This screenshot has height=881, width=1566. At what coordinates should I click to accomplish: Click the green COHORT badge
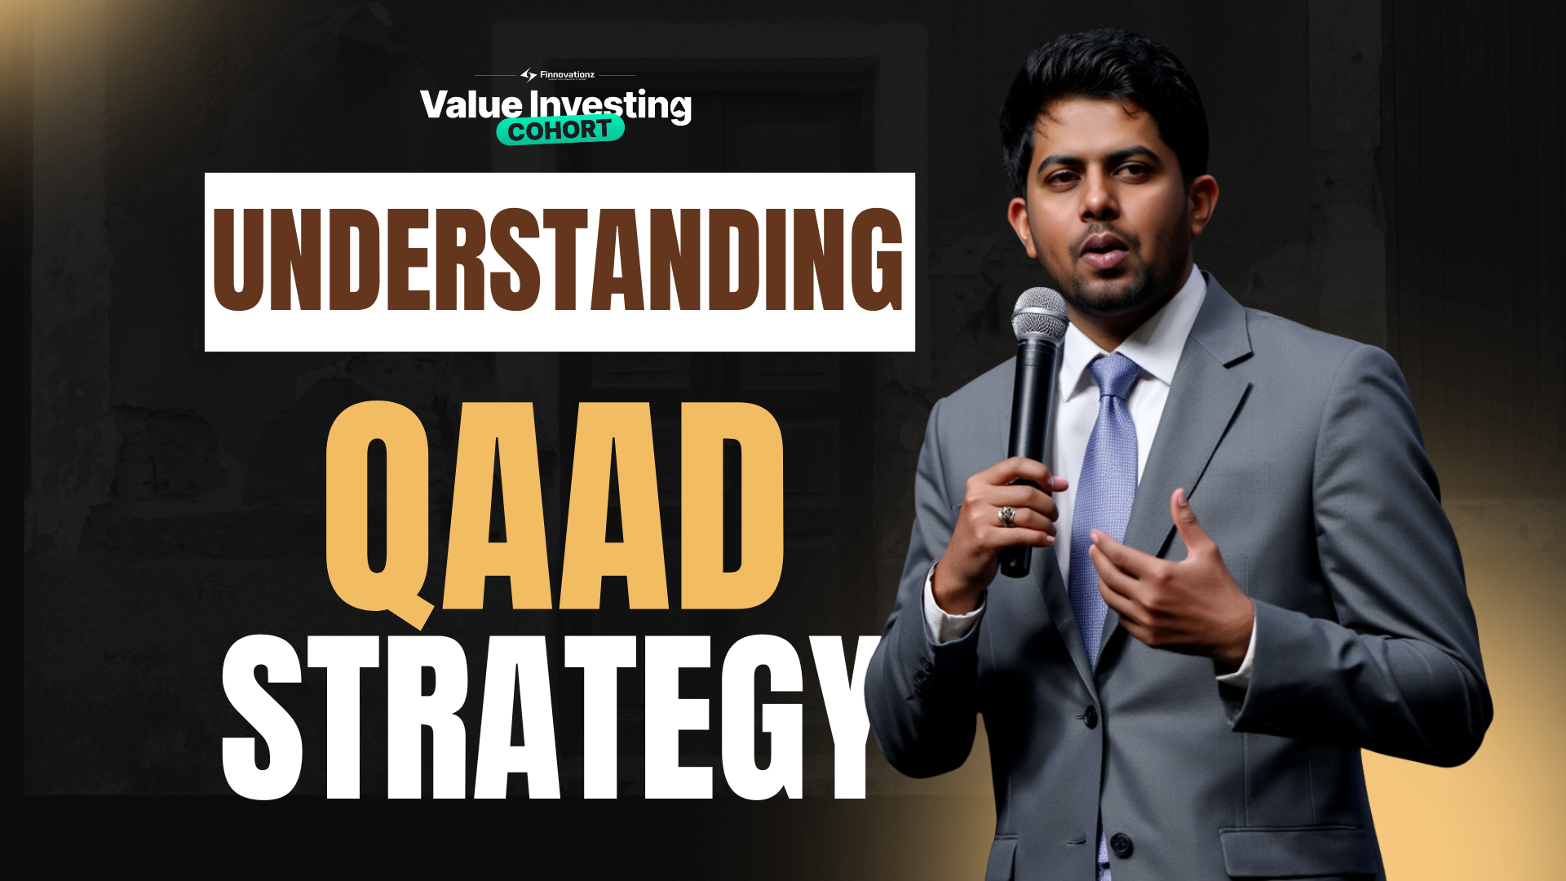point(560,131)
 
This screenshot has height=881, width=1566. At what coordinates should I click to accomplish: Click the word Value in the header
point(471,105)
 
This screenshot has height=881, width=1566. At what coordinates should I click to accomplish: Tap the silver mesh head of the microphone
point(1039,315)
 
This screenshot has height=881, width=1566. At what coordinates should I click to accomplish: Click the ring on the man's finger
point(1007,516)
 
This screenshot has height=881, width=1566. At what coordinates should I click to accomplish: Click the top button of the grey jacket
point(1090,717)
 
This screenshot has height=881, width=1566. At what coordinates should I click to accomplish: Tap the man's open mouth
point(1104,249)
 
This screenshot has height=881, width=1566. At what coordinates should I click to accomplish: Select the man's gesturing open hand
point(1174,579)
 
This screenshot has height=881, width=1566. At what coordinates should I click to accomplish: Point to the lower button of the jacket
point(1121,843)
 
